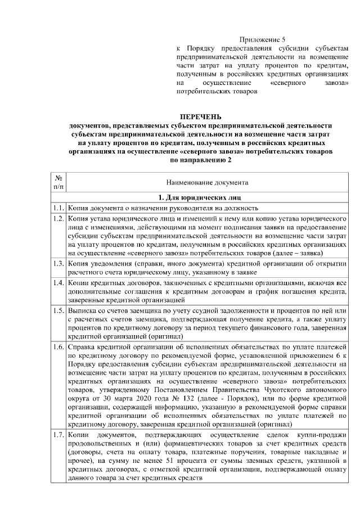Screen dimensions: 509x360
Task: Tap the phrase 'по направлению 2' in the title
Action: pyautogui.click(x=200, y=160)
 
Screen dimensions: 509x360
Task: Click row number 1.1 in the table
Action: pyautogui.click(x=58, y=208)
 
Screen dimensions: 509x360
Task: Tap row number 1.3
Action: pyautogui.click(x=58, y=263)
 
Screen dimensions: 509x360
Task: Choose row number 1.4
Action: pyautogui.click(x=58, y=283)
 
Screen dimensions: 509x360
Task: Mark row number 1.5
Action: pyautogui.click(x=58, y=310)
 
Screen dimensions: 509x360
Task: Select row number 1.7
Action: pyautogui.click(x=58, y=436)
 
